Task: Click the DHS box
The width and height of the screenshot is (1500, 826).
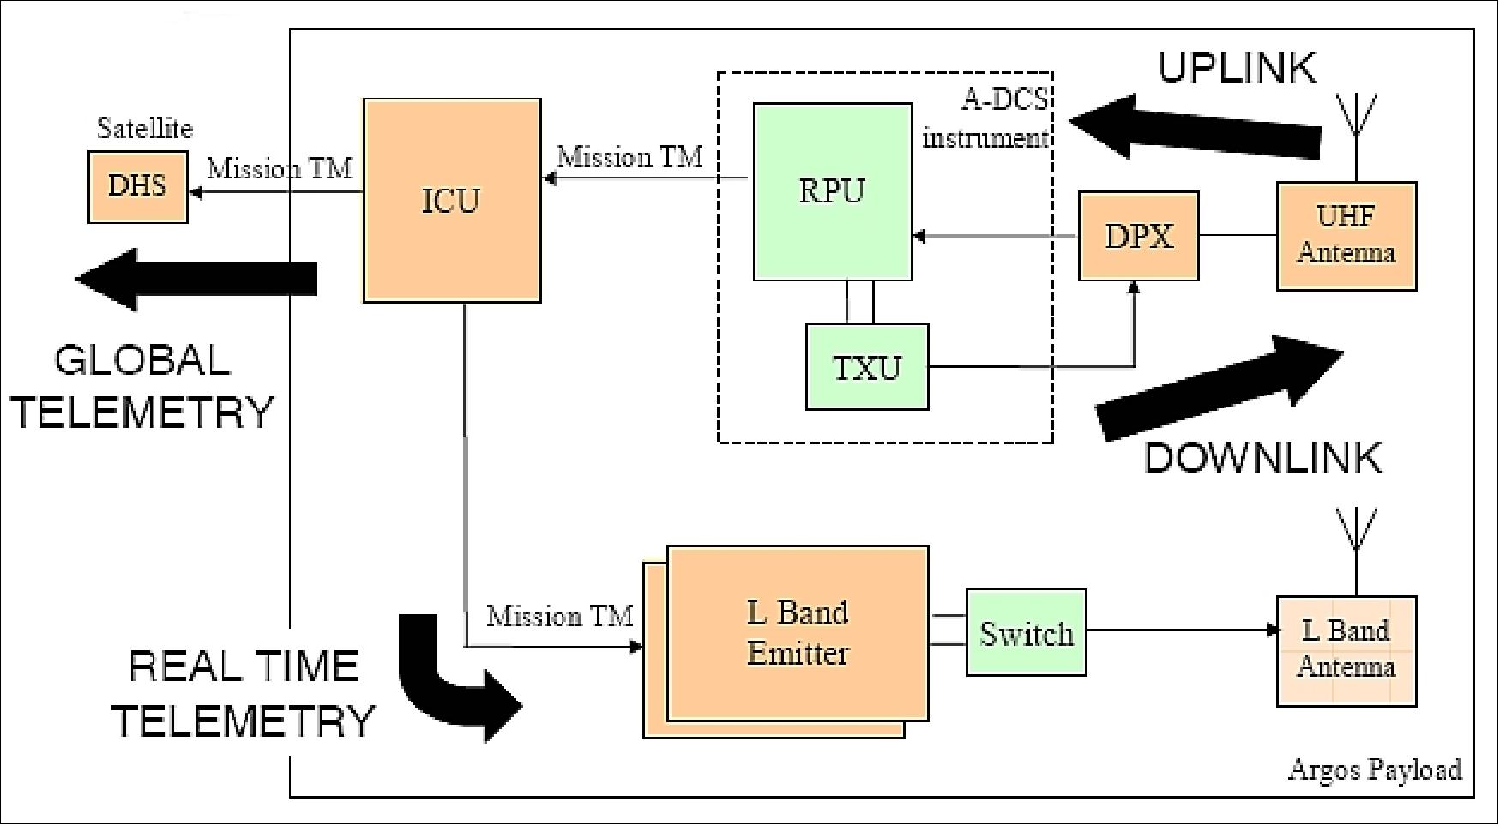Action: pos(137,187)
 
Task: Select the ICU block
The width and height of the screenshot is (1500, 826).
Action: pos(452,201)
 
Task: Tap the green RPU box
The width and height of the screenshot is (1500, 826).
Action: pos(832,191)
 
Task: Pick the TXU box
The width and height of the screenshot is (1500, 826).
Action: pos(867,367)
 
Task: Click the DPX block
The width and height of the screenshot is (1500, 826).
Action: pos(1138,237)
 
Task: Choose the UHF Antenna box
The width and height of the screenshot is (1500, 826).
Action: pos(1346,236)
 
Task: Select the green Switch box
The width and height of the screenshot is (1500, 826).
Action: pos(1026,633)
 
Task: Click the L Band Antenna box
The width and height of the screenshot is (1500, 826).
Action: pos(1346,650)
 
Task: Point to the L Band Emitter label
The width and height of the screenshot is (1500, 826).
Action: pos(798,633)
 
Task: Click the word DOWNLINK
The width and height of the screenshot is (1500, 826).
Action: pos(1262,459)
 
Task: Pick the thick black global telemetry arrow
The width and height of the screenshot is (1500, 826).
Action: pos(197,279)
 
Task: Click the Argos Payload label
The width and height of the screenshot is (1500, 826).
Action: pos(1375,770)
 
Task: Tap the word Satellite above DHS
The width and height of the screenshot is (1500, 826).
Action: pos(145,129)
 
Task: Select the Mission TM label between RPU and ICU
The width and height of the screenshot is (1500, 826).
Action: pos(630,158)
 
